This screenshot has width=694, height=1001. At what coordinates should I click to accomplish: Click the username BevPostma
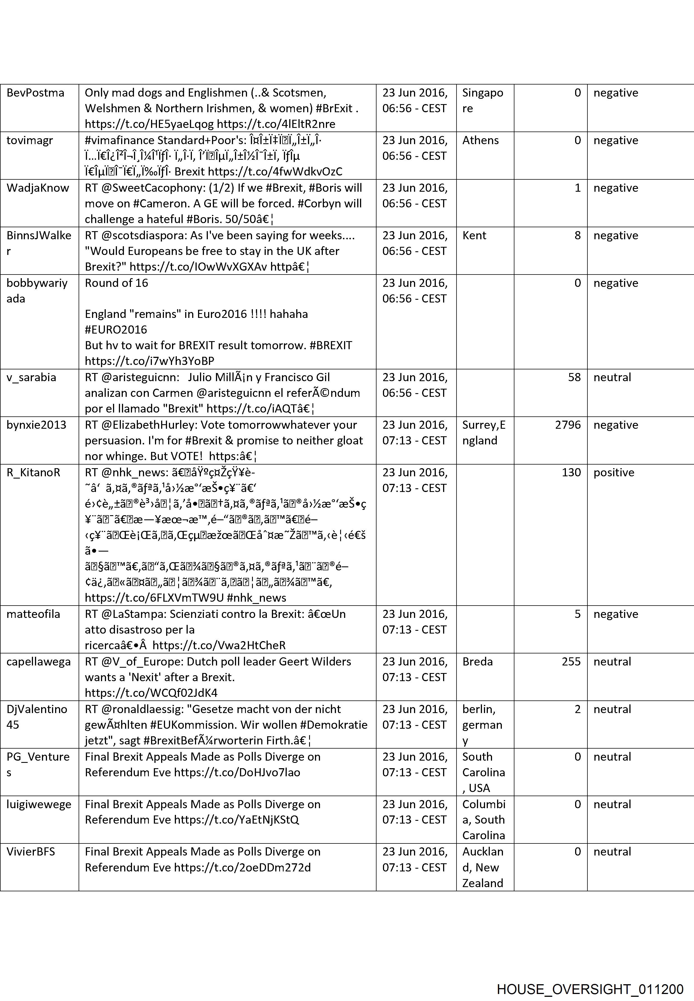tap(35, 93)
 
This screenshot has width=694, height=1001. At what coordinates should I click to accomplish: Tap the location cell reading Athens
tap(480, 140)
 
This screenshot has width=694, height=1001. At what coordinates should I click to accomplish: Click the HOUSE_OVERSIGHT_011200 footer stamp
tap(590, 977)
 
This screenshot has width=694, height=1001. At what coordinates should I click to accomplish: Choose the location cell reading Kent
tap(474, 235)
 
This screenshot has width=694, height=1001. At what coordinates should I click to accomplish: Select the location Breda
tap(477, 661)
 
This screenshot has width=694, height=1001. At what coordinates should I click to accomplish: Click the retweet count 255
tap(571, 661)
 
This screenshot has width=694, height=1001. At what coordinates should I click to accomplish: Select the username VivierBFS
tap(31, 851)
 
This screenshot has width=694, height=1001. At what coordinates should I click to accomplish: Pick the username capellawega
tap(38, 661)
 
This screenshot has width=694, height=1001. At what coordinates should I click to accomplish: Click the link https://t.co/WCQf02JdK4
tap(151, 693)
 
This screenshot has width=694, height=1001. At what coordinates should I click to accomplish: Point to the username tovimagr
tap(30, 140)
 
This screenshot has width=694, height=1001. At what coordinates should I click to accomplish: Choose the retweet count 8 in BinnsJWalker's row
tap(577, 235)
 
